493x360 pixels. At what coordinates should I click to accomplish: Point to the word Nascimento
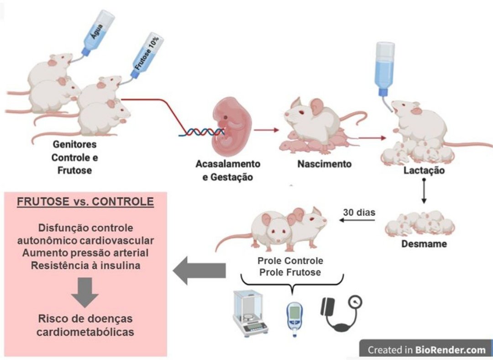coord(325,163)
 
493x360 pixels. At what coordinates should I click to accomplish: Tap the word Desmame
coord(424,244)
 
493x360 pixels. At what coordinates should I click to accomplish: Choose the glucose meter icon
coord(295,318)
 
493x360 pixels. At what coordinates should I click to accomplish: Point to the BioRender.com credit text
coord(426,350)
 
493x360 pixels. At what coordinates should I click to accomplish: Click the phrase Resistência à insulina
coord(85,264)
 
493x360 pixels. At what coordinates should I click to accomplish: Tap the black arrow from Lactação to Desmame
coord(424,192)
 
